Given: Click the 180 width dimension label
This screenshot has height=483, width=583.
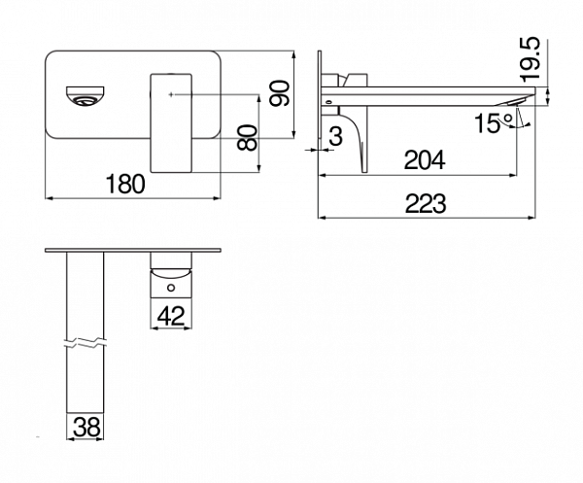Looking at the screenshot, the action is click(x=125, y=184).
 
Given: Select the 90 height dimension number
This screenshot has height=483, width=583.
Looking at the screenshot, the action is click(x=280, y=93).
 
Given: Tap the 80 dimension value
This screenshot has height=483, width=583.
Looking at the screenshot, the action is click(x=247, y=138).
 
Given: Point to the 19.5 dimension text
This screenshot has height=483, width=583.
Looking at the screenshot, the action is click(x=530, y=59).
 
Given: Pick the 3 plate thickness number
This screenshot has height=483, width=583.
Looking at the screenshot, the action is click(x=336, y=136).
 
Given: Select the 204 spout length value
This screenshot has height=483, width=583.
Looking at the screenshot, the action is click(x=425, y=160).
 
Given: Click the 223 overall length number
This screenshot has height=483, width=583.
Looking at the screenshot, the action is click(x=426, y=204).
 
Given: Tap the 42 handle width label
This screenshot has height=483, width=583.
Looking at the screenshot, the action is click(x=171, y=316).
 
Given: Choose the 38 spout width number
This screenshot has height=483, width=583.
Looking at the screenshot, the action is click(x=86, y=427).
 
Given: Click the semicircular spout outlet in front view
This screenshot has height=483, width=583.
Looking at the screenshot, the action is click(x=86, y=96).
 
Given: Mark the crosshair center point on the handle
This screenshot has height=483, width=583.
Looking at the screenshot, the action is click(x=171, y=94).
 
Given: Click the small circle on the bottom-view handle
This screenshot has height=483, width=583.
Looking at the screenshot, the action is click(x=171, y=288).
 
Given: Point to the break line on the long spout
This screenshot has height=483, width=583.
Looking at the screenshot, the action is click(x=86, y=343).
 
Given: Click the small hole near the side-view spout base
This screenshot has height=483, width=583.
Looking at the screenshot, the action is click(x=328, y=101).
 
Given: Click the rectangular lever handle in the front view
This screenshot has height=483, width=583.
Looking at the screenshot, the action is click(x=171, y=123).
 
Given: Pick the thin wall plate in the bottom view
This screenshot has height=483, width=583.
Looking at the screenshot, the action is click(x=133, y=250).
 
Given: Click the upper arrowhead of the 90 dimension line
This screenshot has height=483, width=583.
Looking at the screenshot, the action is click(x=294, y=54).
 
